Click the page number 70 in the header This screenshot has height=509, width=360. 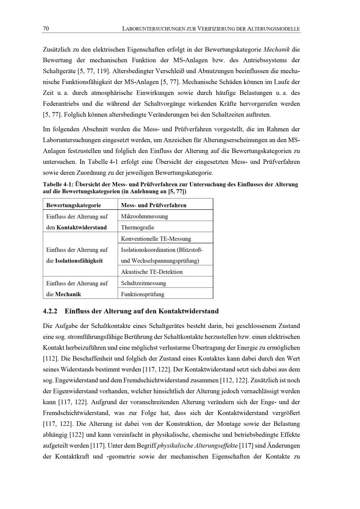pos(46,29)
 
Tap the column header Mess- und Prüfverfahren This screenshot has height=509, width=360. pos(154,205)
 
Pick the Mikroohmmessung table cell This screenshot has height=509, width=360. pos(144,216)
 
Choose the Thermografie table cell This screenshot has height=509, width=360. pos(138,228)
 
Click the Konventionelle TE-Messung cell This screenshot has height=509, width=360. pos(156,239)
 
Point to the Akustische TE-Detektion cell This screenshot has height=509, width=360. pos(152,272)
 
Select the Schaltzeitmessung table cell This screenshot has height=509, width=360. pos(143,283)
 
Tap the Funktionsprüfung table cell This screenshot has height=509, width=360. pos(143,294)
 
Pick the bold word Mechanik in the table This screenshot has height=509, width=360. pos(68,294)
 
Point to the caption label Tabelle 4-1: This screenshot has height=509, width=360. pos(58,185)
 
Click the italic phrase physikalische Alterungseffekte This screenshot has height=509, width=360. pos(197,446)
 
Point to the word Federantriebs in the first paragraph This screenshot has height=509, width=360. pos(60,104)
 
